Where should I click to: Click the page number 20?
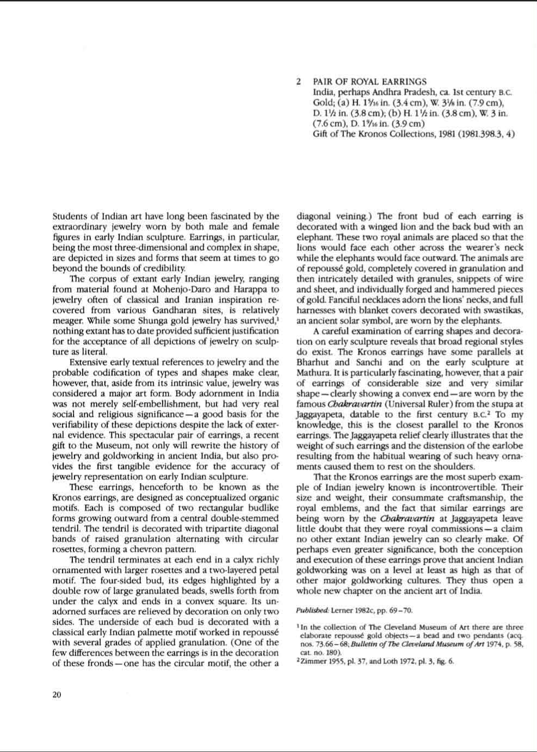pos(57,694)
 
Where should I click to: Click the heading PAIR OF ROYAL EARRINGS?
pos(370,82)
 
